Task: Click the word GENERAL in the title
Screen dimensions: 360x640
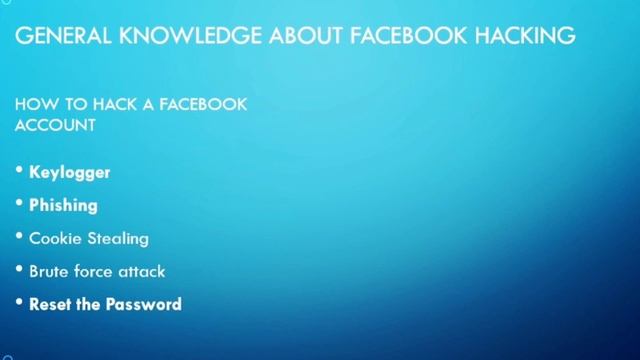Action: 63,36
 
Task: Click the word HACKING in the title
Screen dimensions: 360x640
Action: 526,36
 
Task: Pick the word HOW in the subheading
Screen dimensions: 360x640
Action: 33,104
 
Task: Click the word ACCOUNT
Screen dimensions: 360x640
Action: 55,126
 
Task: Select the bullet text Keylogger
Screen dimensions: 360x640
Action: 69,172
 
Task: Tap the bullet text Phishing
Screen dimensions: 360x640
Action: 63,205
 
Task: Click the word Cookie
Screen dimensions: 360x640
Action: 54,238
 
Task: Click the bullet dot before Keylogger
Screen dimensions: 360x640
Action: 19,171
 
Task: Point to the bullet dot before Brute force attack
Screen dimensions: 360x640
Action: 19,270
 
